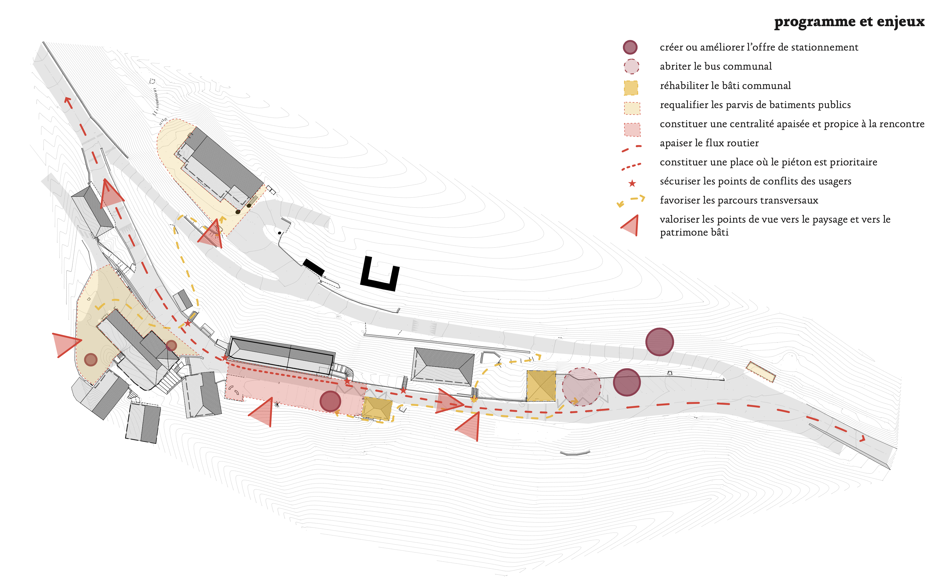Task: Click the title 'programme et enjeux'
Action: pyautogui.click(x=849, y=22)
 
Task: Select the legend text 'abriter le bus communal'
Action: pyautogui.click(x=716, y=66)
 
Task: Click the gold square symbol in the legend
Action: pyautogui.click(x=631, y=88)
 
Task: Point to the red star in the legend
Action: pyautogui.click(x=632, y=184)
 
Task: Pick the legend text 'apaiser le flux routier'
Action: pyautogui.click(x=709, y=143)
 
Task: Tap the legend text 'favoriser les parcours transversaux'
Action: pyautogui.click(x=739, y=200)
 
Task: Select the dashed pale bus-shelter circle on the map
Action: pyautogui.click(x=581, y=387)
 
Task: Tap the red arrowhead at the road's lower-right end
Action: pyautogui.click(x=862, y=439)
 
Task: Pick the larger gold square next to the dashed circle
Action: pyautogui.click(x=541, y=386)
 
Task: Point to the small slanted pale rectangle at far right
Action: pyautogui.click(x=760, y=372)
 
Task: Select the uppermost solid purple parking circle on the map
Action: pyautogui.click(x=659, y=342)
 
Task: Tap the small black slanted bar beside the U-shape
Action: pyautogui.click(x=314, y=267)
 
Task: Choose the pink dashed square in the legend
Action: pyautogui.click(x=632, y=129)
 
